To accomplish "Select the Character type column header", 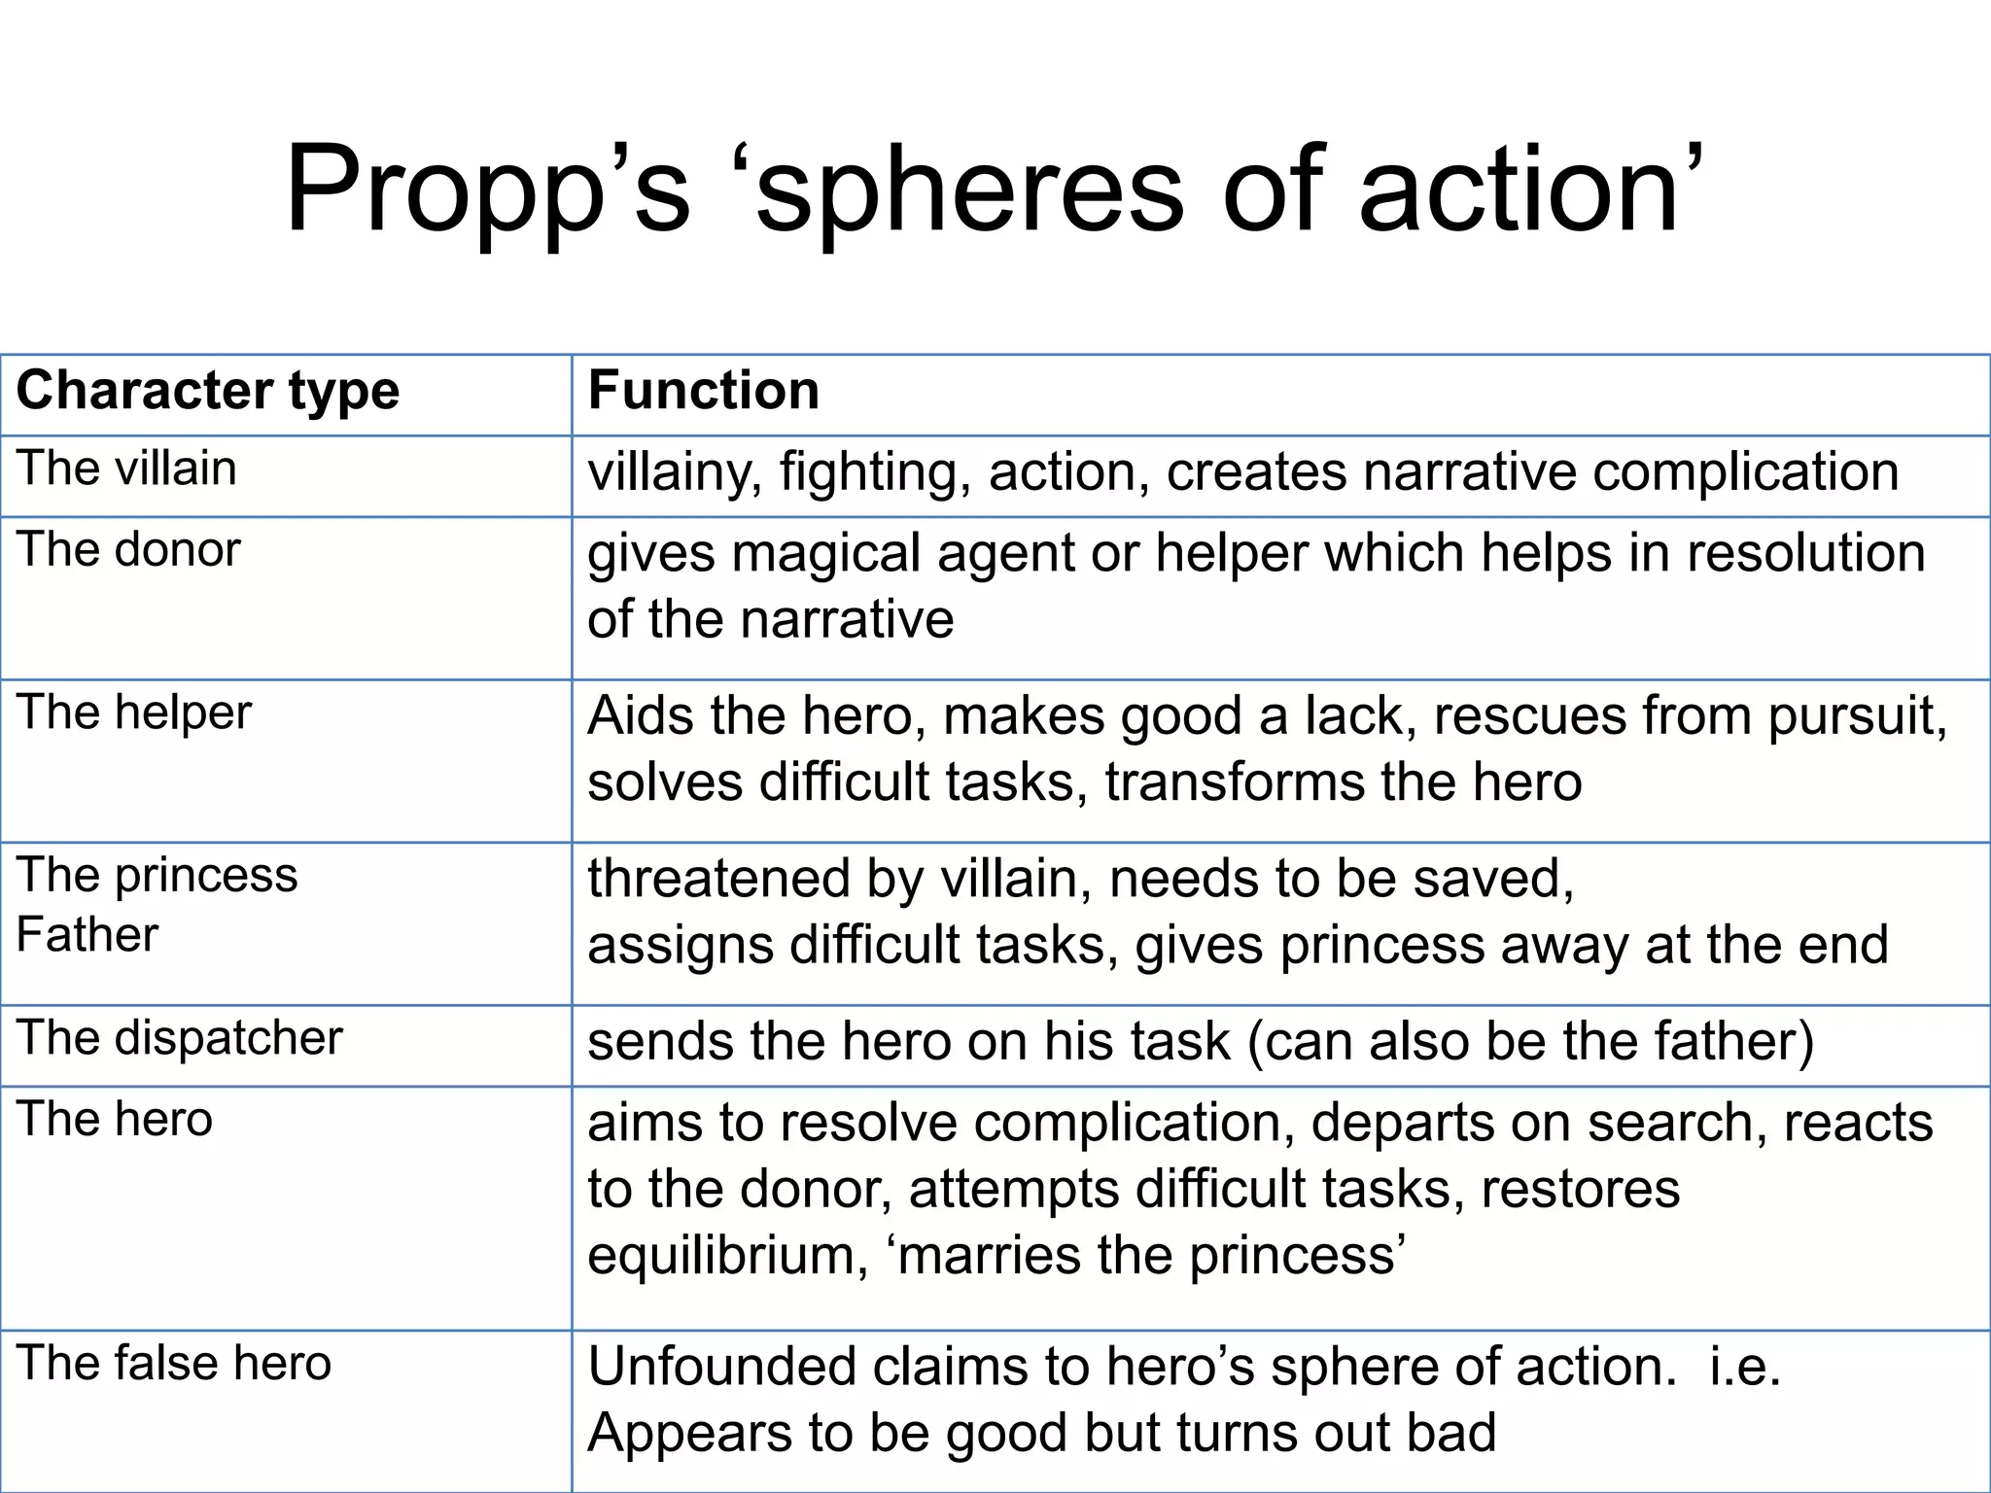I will pyautogui.click(x=208, y=391).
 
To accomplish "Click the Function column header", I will pyautogui.click(x=704, y=391).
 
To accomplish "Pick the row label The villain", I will pyautogui.click(x=126, y=469).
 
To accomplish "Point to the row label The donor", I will pyautogui.click(x=128, y=550).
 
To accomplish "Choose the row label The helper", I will pyautogui.click(x=134, y=712).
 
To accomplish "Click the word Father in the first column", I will pyautogui.click(x=87, y=935).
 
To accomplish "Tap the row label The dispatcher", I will pyautogui.click(x=180, y=1038).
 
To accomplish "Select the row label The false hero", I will pyautogui.click(x=174, y=1363).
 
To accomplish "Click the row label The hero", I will pyautogui.click(x=115, y=1120).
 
